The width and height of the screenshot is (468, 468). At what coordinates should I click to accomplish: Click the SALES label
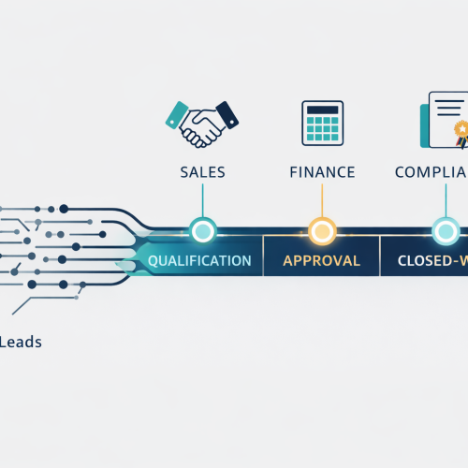pos(202,172)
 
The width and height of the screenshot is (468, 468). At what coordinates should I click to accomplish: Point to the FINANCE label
pos(321,172)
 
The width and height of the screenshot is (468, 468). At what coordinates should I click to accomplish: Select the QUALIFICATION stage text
pos(199,260)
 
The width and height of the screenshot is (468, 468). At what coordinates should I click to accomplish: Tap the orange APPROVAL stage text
pos(321,260)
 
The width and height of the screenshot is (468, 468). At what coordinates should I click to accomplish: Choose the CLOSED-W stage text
pos(431,260)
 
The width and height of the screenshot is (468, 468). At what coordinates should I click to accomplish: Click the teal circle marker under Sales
pos(202,229)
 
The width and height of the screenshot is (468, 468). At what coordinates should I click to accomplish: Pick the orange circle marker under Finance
pos(321,229)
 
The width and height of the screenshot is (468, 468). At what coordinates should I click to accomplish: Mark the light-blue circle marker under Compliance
pos(446,229)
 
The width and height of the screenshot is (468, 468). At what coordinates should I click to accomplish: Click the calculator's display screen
pos(322,111)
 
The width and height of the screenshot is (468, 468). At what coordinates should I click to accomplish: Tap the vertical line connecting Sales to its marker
pos(202,201)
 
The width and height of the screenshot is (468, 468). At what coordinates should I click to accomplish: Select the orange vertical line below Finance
pos(321,201)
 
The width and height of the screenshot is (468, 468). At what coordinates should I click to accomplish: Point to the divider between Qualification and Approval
pos(263,256)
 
